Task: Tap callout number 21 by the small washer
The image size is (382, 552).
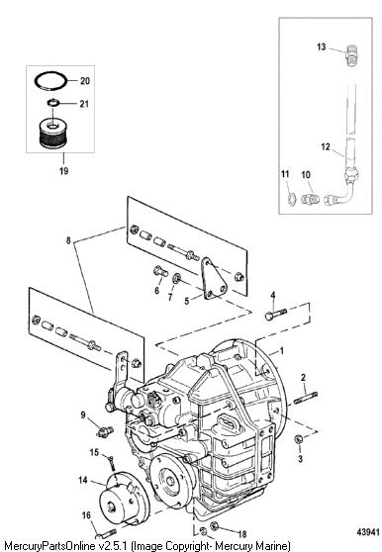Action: (84, 104)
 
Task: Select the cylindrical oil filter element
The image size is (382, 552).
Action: (51, 134)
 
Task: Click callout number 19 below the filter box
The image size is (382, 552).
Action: (63, 171)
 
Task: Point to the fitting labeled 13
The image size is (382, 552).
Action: (352, 55)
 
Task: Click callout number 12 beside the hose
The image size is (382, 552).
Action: (326, 146)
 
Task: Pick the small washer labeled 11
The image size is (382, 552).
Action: (292, 200)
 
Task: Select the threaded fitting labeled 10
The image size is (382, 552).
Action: (310, 199)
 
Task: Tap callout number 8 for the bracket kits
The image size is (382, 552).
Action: (68, 240)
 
